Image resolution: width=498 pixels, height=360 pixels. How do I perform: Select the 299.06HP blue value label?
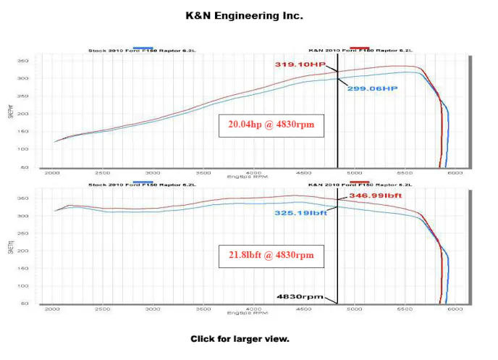pos(373,88)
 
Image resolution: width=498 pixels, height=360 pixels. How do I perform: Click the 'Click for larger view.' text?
pos(240,339)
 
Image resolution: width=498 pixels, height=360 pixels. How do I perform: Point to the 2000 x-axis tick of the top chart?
pos(53,174)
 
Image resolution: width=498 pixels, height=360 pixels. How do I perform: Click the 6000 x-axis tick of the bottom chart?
pos(455,309)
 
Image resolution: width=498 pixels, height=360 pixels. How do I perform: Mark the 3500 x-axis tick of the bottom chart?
pos(203,309)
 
